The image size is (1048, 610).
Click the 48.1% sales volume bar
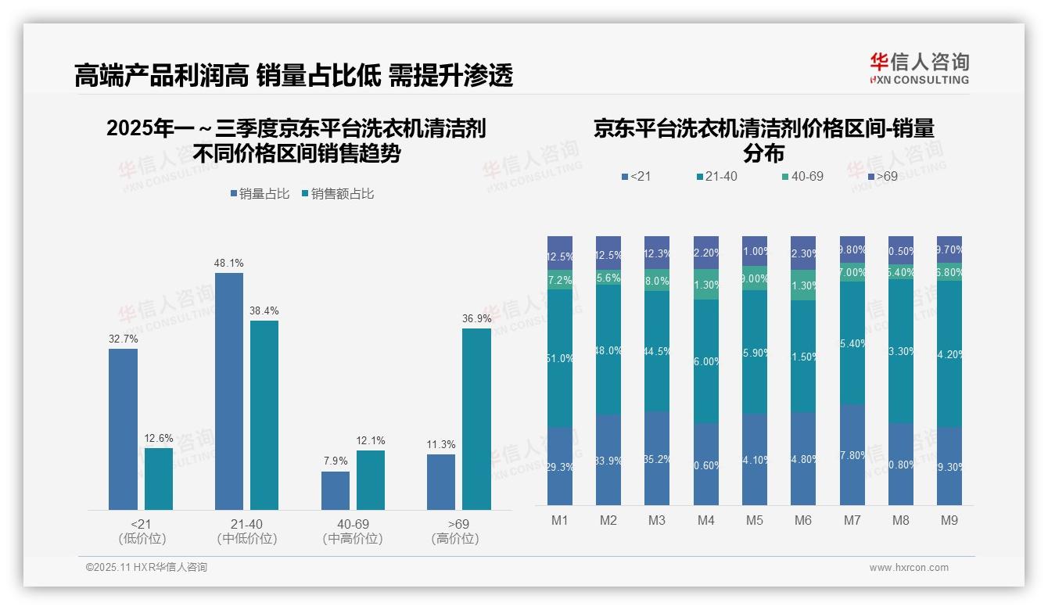tap(229, 391)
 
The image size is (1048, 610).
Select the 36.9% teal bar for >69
tap(476, 419)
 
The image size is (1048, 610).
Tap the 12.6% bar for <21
tap(159, 479)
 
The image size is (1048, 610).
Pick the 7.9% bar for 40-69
tap(336, 490)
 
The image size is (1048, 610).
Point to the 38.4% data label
tap(264, 310)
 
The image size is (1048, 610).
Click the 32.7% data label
tap(123, 339)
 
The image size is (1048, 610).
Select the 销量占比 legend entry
tap(260, 194)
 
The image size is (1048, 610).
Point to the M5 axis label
tap(755, 520)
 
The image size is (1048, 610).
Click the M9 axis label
tap(949, 520)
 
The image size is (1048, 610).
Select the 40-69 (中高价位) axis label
tap(353, 531)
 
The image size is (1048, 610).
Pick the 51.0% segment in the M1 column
tap(560, 358)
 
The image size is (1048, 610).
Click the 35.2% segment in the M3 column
tap(657, 458)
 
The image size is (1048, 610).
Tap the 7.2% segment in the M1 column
tap(560, 279)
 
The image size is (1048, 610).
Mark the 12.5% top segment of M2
tap(608, 254)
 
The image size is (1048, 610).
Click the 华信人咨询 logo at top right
tap(919, 68)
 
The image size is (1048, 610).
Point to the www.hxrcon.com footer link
tap(909, 568)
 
